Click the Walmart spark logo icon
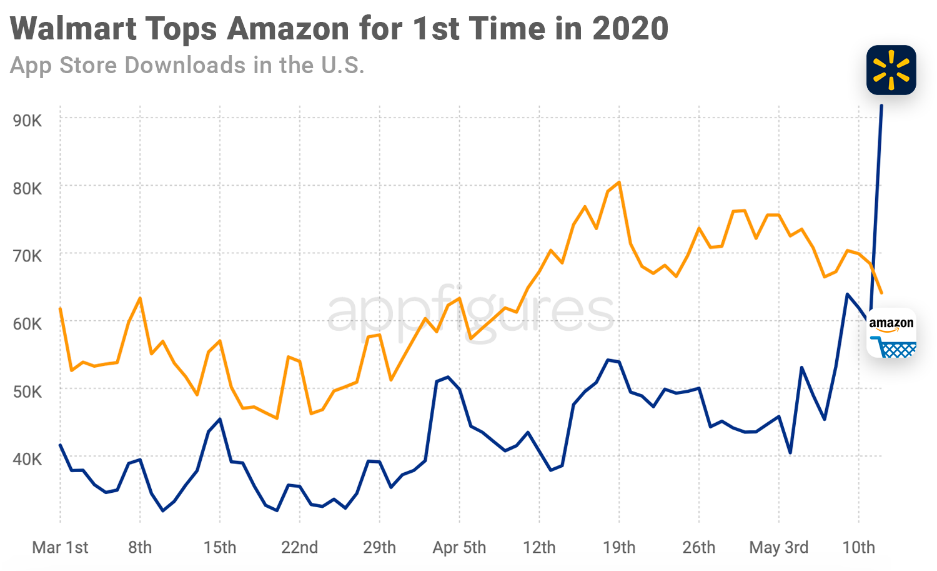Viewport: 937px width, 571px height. [x=891, y=70]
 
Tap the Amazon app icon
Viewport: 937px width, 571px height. [x=891, y=333]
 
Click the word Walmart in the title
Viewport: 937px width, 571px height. [x=74, y=29]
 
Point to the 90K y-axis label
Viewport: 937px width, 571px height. [x=27, y=120]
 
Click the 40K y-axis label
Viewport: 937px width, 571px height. [x=27, y=459]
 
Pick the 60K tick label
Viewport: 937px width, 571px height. [x=27, y=324]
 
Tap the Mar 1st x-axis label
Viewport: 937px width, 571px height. [x=60, y=548]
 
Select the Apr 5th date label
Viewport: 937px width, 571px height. [x=459, y=548]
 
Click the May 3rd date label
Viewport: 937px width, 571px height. [x=778, y=548]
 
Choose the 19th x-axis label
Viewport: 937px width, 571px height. [x=619, y=548]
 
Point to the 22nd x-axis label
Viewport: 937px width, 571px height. [x=299, y=548]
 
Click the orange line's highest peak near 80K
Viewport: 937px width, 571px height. [x=619, y=182]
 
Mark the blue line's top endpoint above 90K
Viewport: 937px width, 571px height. [x=881, y=106]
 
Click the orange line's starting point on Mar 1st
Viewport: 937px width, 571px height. [x=60, y=308]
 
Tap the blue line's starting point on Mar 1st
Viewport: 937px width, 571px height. [x=60, y=445]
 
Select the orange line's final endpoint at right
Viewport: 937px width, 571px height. [x=881, y=293]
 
